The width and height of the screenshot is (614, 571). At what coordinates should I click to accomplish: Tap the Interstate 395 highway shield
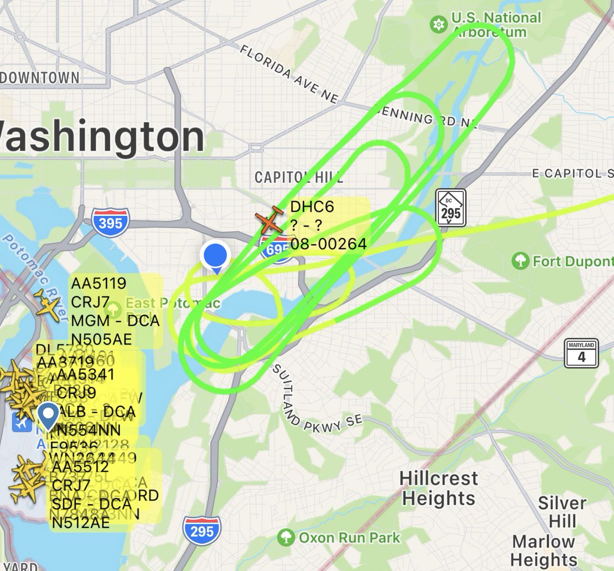coord(111,222)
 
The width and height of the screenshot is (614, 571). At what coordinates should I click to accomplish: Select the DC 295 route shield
coord(451,208)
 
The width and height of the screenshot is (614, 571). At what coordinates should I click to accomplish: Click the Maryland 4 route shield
coord(581,353)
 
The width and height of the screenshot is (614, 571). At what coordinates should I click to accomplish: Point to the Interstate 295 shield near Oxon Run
coord(202,531)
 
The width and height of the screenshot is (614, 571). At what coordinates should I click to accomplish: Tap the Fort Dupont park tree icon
coord(520,261)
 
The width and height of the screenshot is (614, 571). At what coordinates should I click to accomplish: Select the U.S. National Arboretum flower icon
coord(438,25)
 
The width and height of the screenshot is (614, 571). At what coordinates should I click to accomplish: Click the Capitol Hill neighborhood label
coord(299,178)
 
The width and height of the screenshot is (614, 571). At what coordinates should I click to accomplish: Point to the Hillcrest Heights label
coord(438,488)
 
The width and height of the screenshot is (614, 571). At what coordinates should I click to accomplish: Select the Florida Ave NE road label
coord(289,74)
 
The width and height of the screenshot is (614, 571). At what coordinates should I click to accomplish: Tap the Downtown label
coord(40,78)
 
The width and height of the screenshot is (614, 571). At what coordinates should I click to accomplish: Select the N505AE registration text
coord(101,339)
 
